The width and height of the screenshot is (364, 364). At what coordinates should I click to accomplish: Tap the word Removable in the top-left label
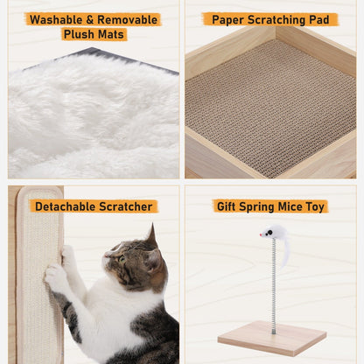tap(128, 19)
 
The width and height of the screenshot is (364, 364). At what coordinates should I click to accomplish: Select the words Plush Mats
tap(94, 34)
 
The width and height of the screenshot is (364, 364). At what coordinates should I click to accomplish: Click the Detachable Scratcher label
tap(94, 206)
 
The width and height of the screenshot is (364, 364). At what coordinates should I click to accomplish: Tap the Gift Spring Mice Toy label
tap(270, 206)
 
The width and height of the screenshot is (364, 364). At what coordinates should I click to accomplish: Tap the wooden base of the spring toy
tap(271, 337)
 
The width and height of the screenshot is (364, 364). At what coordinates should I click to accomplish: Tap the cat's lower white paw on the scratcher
tap(55, 278)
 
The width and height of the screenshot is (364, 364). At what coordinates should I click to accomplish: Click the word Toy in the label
tap(315, 206)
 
